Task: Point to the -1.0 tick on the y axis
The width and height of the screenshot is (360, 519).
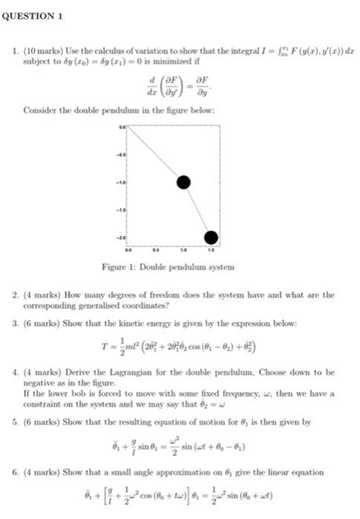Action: point(120,182)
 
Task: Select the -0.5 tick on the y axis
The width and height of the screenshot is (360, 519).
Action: point(120,156)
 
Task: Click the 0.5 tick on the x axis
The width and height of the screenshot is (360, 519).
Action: point(156,248)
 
